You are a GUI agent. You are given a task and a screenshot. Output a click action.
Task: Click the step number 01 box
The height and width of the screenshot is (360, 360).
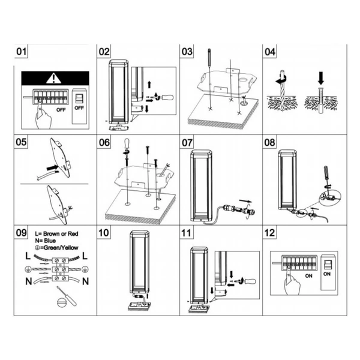pos(22,52)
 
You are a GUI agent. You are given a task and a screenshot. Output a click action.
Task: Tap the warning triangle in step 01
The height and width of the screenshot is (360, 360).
pos(55,77)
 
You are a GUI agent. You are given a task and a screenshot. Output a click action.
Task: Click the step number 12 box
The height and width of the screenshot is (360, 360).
pos(269,233)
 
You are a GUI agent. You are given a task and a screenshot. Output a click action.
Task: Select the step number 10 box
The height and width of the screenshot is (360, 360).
pos(104,233)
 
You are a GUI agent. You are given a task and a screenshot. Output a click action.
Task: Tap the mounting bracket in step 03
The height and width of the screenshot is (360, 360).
pos(225,81)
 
